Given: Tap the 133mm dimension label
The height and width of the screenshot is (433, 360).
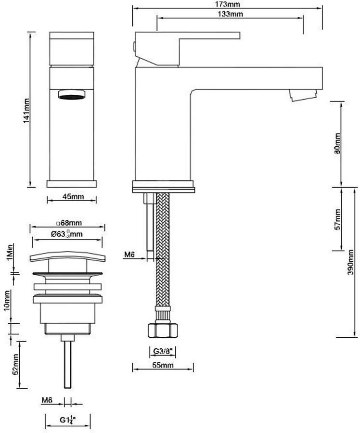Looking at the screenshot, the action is [230, 14].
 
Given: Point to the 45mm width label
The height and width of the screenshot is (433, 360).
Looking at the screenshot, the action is [73, 197].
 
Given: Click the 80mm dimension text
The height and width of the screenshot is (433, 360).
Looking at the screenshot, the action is [337, 144].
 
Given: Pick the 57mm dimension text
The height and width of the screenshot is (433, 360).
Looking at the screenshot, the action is [337, 219].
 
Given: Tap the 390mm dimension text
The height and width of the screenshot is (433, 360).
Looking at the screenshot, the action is [350, 262].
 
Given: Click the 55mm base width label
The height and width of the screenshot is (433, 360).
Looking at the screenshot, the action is [163, 365].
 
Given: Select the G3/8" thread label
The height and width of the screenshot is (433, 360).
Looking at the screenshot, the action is [163, 351].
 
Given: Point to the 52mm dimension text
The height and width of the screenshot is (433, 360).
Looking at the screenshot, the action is [16, 364].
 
